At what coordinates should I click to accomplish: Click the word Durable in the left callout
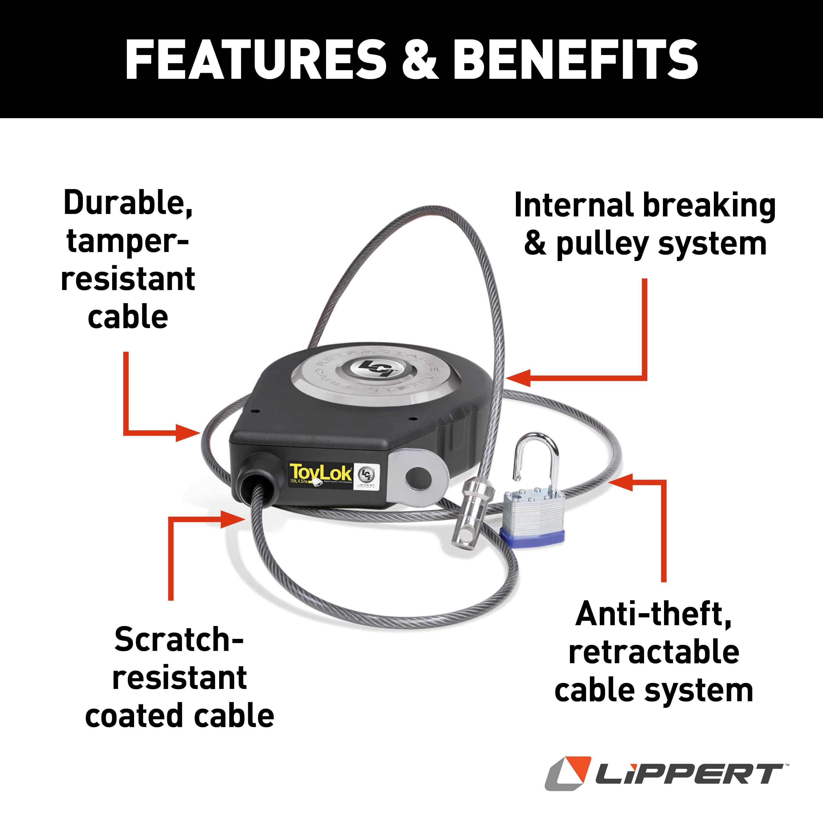tap(128, 204)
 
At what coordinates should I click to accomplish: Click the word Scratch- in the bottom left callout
tap(179, 640)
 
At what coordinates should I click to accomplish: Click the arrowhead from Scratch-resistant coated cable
tap(232, 519)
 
